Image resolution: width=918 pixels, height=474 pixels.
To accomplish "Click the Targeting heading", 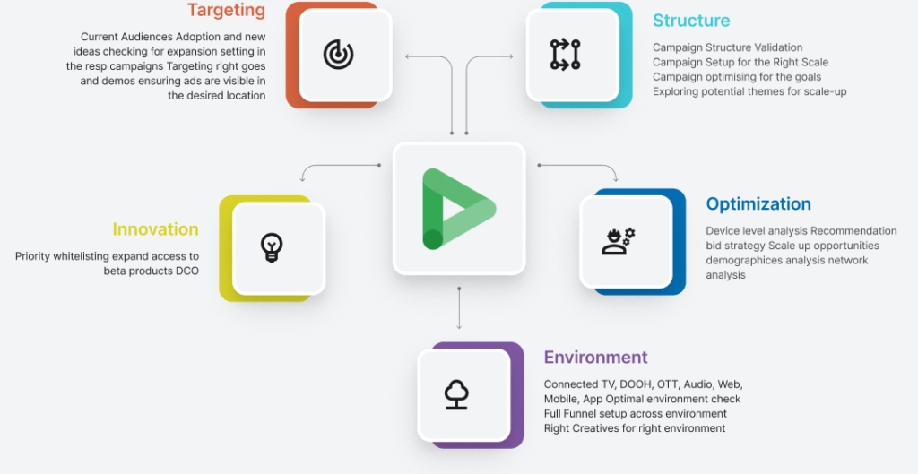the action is tap(226, 10).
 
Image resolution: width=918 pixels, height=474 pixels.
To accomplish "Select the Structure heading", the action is tap(691, 21).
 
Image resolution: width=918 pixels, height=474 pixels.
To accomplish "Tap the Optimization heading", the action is tap(758, 203).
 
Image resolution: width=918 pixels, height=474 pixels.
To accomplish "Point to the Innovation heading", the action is tap(155, 229).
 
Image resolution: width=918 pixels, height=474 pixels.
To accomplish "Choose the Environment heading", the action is tap(595, 357).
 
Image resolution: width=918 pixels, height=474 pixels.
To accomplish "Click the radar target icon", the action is tap(338, 55).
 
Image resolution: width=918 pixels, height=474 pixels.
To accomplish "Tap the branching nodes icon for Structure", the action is tap(565, 55).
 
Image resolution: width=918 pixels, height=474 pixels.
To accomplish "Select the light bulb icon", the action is tap(272, 247).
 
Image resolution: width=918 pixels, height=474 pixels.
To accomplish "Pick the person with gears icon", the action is tap(619, 241).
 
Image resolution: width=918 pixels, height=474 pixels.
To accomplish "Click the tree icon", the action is tap(456, 394).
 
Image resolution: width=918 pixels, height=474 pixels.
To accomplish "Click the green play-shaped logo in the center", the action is tap(458, 209).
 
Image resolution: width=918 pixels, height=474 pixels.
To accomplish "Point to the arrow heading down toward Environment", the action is tap(459, 308).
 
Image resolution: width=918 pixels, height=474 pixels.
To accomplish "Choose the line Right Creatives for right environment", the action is tap(635, 428).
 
